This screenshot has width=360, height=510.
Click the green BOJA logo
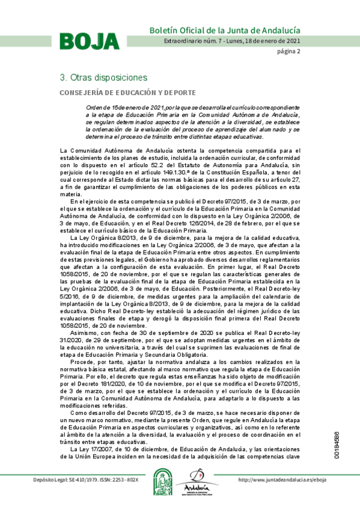(x=89, y=40)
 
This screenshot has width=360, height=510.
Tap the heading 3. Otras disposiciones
(x=103, y=78)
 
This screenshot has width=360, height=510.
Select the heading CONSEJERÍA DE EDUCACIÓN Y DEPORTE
(x=127, y=93)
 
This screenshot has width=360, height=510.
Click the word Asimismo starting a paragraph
(x=84, y=333)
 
